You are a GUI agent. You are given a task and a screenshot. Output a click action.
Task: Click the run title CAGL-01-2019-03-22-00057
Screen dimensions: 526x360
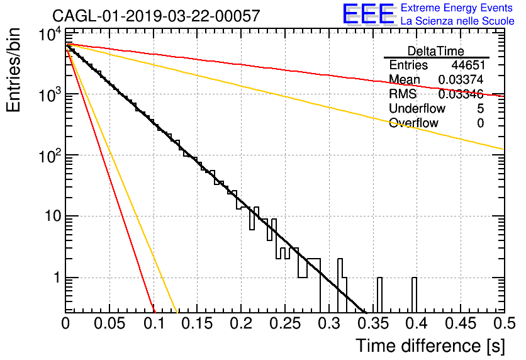[156, 16]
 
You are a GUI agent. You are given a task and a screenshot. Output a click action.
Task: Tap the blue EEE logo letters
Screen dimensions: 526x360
[368, 14]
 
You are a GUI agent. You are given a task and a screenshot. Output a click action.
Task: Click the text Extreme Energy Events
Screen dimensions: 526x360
[457, 8]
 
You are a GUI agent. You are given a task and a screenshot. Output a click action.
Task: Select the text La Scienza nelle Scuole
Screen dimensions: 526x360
[457, 21]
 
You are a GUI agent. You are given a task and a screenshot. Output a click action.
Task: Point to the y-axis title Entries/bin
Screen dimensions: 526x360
[13, 70]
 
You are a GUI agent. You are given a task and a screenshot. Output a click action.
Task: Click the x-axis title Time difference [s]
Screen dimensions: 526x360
[430, 346]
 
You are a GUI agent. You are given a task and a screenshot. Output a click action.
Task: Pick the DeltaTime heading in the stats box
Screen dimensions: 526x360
[436, 51]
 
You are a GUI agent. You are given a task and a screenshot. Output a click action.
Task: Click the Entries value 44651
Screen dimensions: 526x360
[468, 65]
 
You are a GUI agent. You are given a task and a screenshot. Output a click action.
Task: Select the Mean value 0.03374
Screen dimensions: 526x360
[461, 79]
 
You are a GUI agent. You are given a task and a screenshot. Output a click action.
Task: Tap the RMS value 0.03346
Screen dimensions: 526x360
[461, 94]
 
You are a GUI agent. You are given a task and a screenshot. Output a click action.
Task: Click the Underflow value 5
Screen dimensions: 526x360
[480, 109]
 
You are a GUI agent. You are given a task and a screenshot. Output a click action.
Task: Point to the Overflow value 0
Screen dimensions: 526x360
[480, 123]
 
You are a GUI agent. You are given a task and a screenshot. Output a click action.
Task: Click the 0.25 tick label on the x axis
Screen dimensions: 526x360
[285, 323]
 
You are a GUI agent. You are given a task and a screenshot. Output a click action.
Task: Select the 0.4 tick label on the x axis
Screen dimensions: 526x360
[417, 323]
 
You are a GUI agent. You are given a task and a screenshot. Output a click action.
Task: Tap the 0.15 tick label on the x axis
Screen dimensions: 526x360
[198, 323]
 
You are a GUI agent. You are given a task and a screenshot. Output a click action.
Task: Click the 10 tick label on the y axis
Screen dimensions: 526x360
[53, 216]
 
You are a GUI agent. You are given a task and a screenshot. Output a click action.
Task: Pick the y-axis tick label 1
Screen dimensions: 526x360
[57, 278]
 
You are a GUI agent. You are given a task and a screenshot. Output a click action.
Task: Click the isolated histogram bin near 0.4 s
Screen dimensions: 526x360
[414, 295]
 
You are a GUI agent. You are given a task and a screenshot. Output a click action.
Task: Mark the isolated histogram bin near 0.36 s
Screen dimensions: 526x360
[379, 295]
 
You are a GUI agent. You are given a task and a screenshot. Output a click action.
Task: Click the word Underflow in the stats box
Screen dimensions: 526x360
[417, 109]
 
